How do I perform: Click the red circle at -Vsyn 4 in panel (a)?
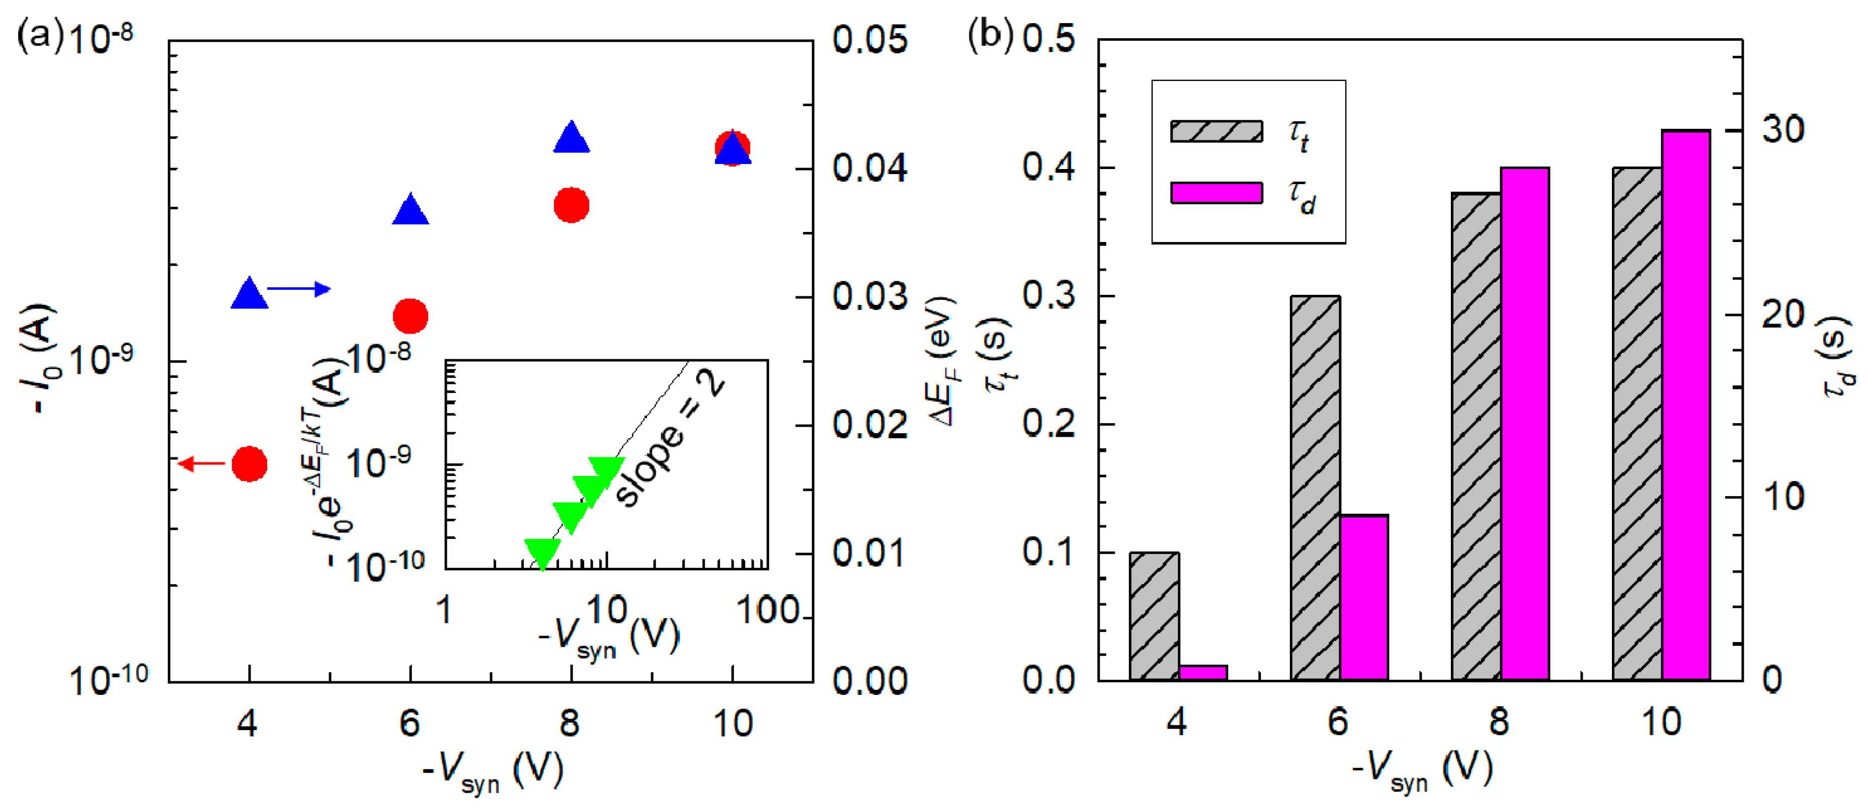click(249, 464)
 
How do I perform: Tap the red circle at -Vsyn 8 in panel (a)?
click(571, 205)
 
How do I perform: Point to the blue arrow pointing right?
click(298, 289)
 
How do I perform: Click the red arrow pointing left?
click(202, 463)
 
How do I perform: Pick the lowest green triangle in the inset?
click(542, 553)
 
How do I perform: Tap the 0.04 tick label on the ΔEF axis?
click(869, 169)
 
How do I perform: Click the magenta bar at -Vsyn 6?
click(1363, 597)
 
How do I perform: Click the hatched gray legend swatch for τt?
click(1216, 131)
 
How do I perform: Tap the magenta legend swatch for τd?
click(1216, 192)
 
